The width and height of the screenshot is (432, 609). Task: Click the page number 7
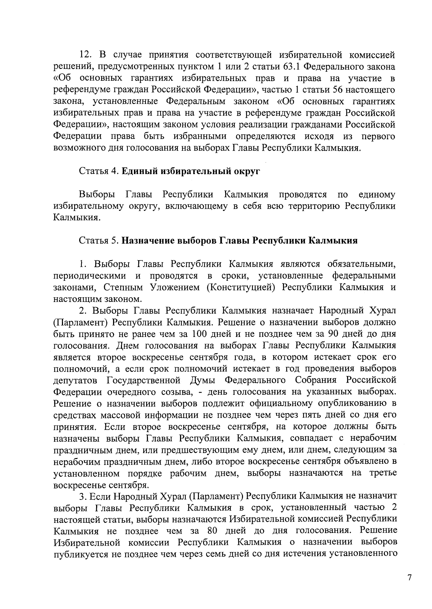(409, 577)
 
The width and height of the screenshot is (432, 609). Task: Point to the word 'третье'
(383, 473)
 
